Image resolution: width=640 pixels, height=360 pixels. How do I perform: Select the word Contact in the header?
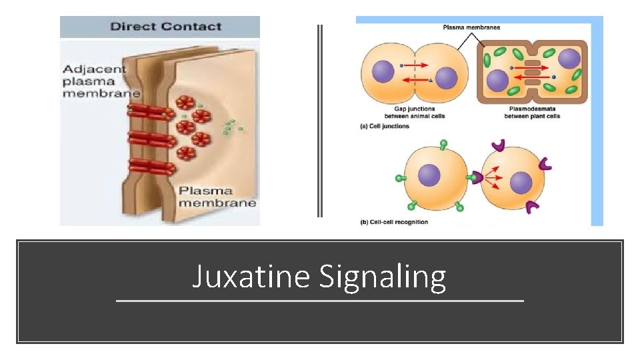pyautogui.click(x=193, y=27)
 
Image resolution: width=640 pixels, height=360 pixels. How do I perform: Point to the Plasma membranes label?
pyautogui.click(x=471, y=27)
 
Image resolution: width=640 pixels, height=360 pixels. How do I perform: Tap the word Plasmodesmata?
pyautogui.click(x=534, y=109)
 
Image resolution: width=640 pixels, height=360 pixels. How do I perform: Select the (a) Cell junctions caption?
pyautogui.click(x=385, y=125)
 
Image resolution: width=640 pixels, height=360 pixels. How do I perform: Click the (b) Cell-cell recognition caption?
pyautogui.click(x=394, y=221)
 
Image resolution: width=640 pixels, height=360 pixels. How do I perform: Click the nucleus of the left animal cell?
pyautogui.click(x=384, y=71)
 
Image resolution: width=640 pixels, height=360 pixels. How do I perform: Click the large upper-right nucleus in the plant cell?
pyautogui.click(x=570, y=59)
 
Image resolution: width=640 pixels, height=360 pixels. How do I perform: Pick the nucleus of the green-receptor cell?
pyautogui.click(x=429, y=177)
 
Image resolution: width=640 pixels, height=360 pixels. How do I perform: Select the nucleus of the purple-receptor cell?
pyautogui.click(x=521, y=181)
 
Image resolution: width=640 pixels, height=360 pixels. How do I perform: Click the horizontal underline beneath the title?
pyautogui.click(x=320, y=301)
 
